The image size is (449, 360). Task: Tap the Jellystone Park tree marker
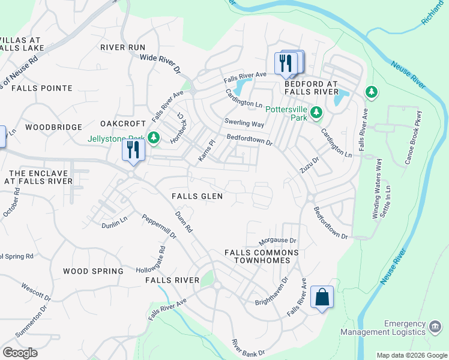pyautogui.click(x=154, y=138)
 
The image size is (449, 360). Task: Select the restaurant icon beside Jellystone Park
pyautogui.click(x=133, y=149)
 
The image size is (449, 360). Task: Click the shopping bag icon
pyautogui.click(x=322, y=297)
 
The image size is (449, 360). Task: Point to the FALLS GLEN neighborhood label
pyautogui.click(x=197, y=196)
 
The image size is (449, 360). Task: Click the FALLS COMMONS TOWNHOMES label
pyautogui.click(x=262, y=256)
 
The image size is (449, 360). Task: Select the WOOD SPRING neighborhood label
pyautogui.click(x=93, y=271)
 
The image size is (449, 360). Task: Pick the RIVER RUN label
pyautogui.click(x=122, y=47)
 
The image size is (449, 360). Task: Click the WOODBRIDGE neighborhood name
pyautogui.click(x=53, y=127)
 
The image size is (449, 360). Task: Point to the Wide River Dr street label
pyautogui.click(x=160, y=64)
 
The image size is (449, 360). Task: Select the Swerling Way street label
pyautogui.click(x=244, y=124)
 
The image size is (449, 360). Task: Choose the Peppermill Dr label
pyautogui.click(x=159, y=227)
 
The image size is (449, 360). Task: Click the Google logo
pyautogui.click(x=20, y=353)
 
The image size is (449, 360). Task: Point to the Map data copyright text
pyautogui.click(x=411, y=355)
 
